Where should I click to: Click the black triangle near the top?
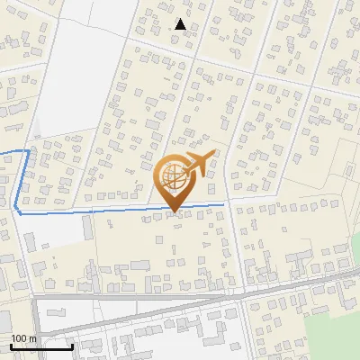pyautogui.click(x=181, y=24)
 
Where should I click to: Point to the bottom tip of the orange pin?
pyautogui.click(x=173, y=212)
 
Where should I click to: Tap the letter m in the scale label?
pyautogui.click(x=34, y=338)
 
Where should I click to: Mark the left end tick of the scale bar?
pyautogui.click(x=11, y=346)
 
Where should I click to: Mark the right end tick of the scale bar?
pyautogui.click(x=73, y=346)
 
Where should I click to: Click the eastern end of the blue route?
pyautogui.click(x=223, y=205)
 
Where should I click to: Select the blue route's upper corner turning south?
pyautogui.click(x=27, y=151)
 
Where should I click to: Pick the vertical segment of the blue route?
pyautogui.click(x=22, y=180)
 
